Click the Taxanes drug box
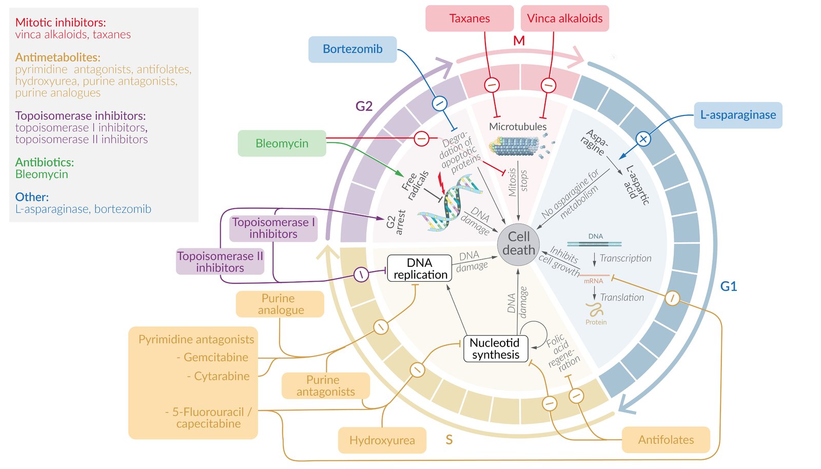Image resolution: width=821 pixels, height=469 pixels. click(x=470, y=18)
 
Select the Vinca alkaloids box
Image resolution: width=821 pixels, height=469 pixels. click(x=564, y=18)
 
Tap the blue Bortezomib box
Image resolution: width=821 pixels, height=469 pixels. click(x=353, y=49)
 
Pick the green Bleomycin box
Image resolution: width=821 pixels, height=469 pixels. click(x=282, y=144)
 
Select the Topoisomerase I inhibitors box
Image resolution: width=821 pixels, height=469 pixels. click(x=273, y=228)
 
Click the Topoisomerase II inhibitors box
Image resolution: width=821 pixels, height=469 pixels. click(x=220, y=262)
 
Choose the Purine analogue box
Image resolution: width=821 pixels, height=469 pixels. click(x=280, y=304)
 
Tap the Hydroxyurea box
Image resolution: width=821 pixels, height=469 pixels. click(x=382, y=440)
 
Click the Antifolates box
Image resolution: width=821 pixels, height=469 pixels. click(x=666, y=440)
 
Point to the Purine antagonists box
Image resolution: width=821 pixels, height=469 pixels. click(x=325, y=386)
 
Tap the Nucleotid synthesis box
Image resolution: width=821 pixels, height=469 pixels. click(x=496, y=349)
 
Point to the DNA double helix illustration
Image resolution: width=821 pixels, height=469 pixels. click(x=452, y=203)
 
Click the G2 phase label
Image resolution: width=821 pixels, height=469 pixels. click(x=364, y=106)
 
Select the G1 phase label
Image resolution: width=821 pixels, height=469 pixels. click(x=728, y=286)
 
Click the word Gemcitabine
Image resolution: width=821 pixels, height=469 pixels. click(x=216, y=358)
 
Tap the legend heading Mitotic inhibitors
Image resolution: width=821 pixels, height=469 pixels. click(x=61, y=23)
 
